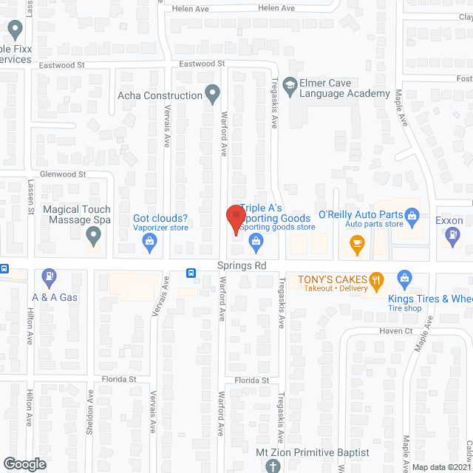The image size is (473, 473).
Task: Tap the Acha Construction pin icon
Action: click(213, 95)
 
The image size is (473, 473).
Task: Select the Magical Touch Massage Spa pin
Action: click(93, 236)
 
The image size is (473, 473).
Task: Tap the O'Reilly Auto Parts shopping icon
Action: click(413, 216)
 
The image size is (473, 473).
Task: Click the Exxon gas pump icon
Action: click(452, 236)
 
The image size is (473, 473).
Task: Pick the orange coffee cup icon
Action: click(357, 244)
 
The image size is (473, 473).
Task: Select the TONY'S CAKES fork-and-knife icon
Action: click(377, 279)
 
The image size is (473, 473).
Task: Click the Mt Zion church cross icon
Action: click(272, 466)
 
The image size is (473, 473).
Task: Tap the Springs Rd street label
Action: click(241, 265)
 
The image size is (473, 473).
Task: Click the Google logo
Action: click(24, 463)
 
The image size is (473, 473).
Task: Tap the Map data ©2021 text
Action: click(441, 467)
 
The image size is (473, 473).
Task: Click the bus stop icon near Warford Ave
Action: click(191, 272)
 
